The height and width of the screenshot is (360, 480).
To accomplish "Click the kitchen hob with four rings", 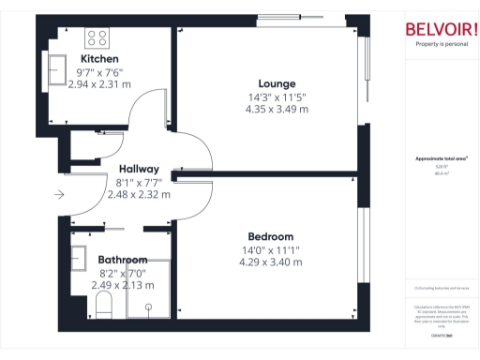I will pos(97,37).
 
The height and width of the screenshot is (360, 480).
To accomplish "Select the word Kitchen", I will pos(98,58).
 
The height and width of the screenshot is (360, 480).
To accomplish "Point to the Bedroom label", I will pos(271,236).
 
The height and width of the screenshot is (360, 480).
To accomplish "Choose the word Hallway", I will pos(139,169).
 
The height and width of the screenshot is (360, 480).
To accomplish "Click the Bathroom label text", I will pos(122,260).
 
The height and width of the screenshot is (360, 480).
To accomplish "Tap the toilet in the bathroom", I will pos(103,303).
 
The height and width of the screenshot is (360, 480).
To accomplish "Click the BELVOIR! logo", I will pos(440,29).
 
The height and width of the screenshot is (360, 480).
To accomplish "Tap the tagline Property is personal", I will pos(440,45).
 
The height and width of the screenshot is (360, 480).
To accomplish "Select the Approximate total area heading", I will pos(440,158).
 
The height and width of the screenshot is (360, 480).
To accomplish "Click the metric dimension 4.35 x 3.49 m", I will pos(277,109).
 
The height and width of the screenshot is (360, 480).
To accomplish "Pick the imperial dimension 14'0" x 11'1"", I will pos(271,249).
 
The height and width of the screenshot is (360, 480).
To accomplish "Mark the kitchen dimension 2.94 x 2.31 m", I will pos(99,83).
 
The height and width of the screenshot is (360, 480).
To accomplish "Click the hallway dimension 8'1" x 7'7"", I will pos(139,182).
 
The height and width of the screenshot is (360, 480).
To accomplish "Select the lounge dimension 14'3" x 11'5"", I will pos(277,96).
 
